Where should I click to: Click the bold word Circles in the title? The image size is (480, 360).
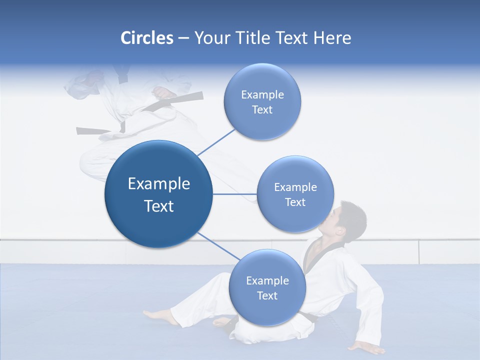tap(147, 38)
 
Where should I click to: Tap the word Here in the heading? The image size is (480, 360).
tap(332, 38)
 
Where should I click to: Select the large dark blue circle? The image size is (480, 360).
tap(158, 194)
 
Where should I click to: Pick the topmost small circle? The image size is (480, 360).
tap(262, 101)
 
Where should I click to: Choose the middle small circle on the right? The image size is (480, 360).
tap(295, 194)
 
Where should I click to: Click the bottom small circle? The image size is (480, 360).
tap(267, 287)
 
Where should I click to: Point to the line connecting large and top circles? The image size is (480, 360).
tap(216, 142)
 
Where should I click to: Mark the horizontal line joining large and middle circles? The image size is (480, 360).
tap(235, 194)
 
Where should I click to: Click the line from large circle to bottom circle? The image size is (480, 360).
tap(218, 246)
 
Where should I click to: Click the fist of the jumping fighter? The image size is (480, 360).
tap(163, 93)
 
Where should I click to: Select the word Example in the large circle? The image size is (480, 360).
tap(158, 183)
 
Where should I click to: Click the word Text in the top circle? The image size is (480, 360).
tap(262, 110)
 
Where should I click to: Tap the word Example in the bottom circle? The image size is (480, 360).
tap(267, 280)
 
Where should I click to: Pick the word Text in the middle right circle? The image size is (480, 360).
tap(295, 202)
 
